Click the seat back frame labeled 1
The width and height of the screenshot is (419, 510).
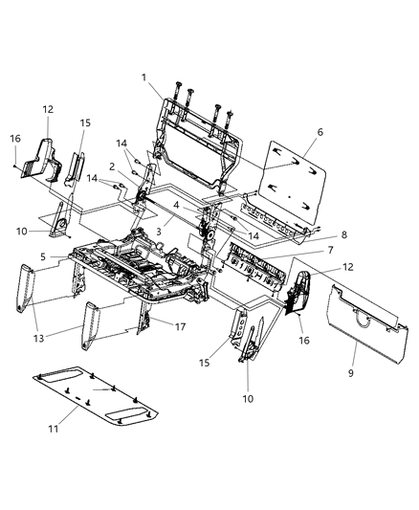pyautogui.click(x=196, y=144)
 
